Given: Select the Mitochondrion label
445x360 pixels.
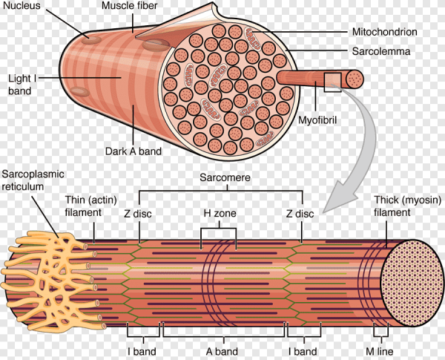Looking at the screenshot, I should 385,33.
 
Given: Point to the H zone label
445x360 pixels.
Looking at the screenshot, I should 219,214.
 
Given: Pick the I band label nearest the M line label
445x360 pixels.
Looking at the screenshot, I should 303,351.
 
